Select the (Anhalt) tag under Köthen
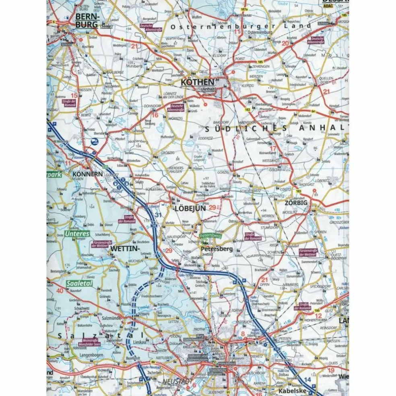(208, 89)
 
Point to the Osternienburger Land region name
(241, 26)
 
